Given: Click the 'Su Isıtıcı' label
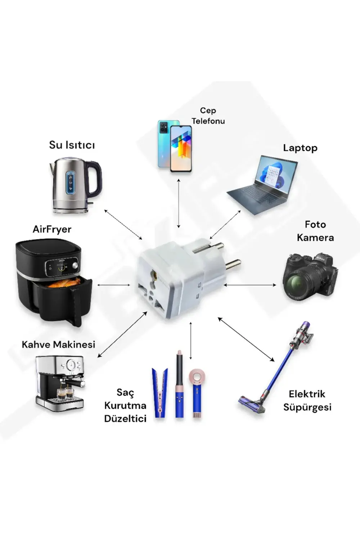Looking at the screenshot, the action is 72,145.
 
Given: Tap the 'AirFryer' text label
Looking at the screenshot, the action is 52,229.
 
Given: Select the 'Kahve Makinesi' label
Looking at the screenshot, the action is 58,345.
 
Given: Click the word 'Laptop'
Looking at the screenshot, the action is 300,148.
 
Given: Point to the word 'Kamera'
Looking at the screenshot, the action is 315,238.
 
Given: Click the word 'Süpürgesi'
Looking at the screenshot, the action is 307,408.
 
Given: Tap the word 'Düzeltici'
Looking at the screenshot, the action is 125,419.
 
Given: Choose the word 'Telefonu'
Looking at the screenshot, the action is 208,121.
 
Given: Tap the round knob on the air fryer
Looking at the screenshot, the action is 75,265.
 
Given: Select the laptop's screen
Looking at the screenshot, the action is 276,172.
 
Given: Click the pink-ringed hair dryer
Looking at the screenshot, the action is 197,393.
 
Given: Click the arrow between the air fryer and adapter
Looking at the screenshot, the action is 113,285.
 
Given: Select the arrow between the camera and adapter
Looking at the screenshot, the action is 250,285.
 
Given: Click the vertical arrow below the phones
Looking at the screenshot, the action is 179,203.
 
